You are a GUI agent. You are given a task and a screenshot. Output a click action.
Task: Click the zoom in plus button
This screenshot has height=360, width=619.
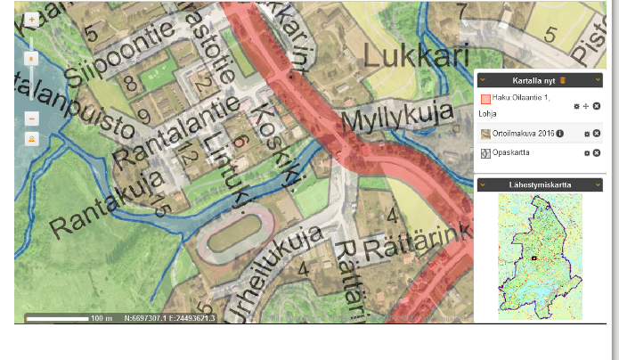coord(32,19)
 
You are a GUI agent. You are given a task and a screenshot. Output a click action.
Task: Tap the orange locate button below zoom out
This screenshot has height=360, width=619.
coord(32,138)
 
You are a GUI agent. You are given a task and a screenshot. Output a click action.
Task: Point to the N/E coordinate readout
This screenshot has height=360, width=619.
coord(169,317)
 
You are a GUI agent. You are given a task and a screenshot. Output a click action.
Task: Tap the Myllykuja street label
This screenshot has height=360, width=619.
coord(393,118)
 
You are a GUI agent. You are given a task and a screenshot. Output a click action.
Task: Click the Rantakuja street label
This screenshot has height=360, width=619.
coord(106,204)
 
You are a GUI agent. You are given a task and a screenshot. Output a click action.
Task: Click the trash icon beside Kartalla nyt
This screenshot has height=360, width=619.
coord(563,80)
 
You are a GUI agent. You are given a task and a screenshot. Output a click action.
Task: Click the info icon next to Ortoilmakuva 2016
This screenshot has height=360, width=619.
coord(560,133)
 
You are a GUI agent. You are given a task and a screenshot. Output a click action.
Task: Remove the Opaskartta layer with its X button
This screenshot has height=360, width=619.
coord(596,153)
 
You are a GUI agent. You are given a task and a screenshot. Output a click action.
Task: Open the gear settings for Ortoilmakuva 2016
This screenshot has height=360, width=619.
coord(586,133)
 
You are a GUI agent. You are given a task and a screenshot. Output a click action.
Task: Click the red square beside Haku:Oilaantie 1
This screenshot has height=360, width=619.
coord(485,100)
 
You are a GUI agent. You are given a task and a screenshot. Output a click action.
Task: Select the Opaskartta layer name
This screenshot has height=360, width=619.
coord(511,153)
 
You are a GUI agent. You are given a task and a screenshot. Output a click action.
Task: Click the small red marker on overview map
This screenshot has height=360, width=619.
coord(533,258)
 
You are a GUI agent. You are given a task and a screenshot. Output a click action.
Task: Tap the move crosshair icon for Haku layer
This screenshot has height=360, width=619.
coord(586,106)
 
